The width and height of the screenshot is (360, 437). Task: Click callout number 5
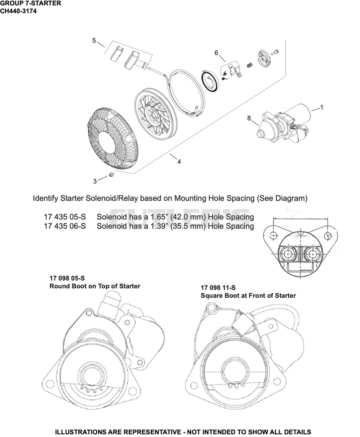pos(94,41)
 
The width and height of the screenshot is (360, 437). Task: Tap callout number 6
pos(216,53)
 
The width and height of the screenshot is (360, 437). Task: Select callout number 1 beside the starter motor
pos(321,107)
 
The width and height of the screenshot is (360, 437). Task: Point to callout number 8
pos(249,118)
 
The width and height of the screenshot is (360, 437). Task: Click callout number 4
pos(179,162)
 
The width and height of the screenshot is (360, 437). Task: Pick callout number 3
pos(95,182)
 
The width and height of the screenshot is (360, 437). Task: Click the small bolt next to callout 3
pos(112,175)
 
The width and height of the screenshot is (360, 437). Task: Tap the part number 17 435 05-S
pos(65,217)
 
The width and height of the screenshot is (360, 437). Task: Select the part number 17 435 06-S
pos(65,226)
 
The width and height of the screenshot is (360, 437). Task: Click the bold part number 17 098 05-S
pos(67,278)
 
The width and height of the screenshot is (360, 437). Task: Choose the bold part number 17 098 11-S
pos(218,288)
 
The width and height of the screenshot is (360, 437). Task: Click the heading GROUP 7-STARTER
pos(31,3)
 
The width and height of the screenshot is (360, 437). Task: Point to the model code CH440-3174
pos(18,11)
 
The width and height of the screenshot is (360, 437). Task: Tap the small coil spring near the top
pos(250,65)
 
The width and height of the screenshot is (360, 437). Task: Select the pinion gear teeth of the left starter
pos(91,388)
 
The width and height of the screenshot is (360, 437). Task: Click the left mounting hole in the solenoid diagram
pos(274,236)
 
